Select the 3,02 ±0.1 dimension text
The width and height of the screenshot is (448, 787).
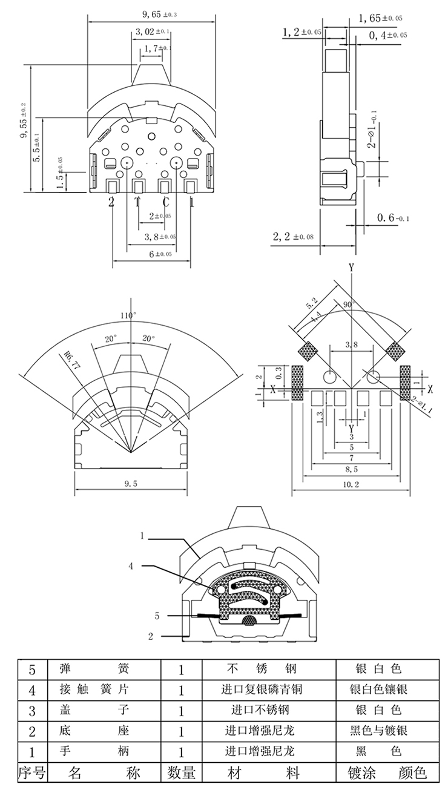click(152, 31)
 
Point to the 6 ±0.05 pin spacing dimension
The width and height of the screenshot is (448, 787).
click(152, 254)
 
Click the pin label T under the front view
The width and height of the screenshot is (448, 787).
click(137, 202)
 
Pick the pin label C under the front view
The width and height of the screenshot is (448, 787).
click(165, 202)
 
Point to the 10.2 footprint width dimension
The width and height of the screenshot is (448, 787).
click(351, 484)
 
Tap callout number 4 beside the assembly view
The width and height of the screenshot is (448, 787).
click(131, 567)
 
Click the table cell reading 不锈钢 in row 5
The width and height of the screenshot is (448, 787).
click(261, 670)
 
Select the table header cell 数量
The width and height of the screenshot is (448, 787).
click(181, 773)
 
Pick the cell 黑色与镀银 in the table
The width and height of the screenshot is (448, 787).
click(378, 731)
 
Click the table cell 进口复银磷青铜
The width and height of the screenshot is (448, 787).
click(261, 690)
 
